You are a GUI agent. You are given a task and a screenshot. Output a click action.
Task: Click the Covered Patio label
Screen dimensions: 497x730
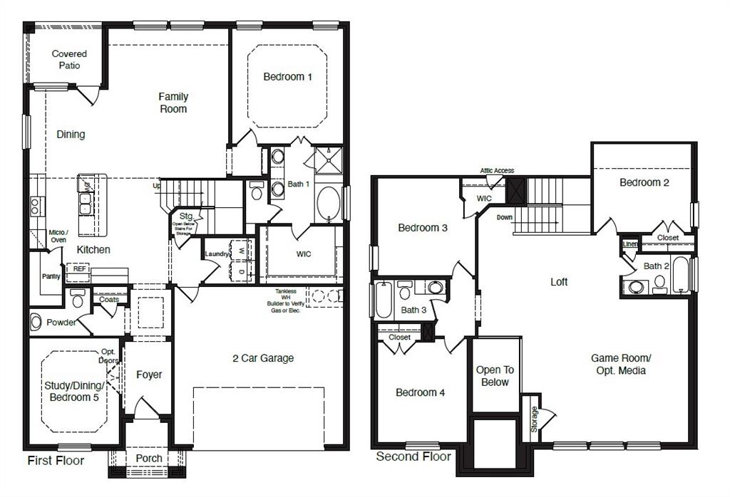click(x=69, y=59)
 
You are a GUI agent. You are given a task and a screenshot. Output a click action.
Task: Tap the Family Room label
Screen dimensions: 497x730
click(x=173, y=103)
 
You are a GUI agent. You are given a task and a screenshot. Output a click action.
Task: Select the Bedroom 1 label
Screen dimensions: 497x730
click(x=287, y=77)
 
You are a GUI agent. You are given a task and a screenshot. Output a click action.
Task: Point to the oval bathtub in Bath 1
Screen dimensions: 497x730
click(x=329, y=202)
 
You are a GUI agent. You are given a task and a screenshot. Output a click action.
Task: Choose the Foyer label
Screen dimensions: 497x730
click(x=149, y=375)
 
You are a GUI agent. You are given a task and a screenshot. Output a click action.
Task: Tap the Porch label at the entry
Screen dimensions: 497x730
click(x=149, y=458)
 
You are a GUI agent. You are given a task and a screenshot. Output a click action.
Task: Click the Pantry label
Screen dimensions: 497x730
click(x=51, y=276)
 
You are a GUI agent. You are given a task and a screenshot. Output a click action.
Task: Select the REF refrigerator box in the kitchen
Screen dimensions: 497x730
click(x=77, y=270)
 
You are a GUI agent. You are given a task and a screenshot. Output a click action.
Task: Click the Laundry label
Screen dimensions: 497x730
click(x=216, y=254)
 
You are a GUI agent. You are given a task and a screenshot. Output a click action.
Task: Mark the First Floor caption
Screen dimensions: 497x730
click(x=56, y=461)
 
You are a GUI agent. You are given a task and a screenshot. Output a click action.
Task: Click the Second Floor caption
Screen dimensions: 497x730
click(x=413, y=456)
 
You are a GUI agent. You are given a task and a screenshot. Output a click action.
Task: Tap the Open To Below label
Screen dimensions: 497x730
click(x=495, y=376)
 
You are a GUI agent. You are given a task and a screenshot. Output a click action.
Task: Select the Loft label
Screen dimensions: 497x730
click(x=559, y=282)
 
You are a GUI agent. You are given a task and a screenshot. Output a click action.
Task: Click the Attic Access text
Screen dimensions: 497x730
click(x=497, y=171)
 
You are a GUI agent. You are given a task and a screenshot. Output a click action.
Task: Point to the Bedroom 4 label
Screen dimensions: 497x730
click(x=421, y=392)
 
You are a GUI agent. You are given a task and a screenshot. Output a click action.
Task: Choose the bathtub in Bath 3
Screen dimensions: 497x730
click(x=383, y=299)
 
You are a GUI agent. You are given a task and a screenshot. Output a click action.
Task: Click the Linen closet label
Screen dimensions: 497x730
click(x=630, y=244)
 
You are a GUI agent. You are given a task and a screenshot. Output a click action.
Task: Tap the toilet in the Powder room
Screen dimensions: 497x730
click(x=36, y=322)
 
